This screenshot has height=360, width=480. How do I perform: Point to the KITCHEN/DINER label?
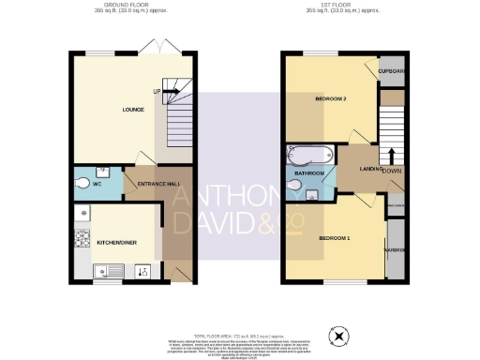[117, 241]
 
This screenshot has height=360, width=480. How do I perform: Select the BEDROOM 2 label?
[332, 98]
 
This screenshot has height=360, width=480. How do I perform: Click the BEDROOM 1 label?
[336, 237]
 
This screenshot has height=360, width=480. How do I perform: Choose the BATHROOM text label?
[310, 173]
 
